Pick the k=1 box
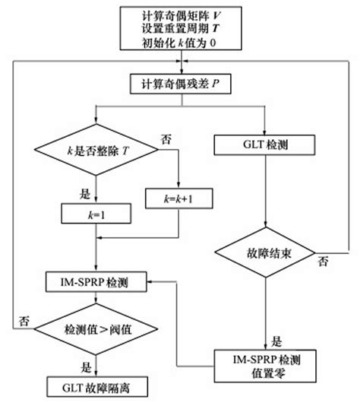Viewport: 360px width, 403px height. click(x=96, y=215)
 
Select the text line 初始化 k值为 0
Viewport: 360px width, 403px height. click(x=179, y=42)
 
